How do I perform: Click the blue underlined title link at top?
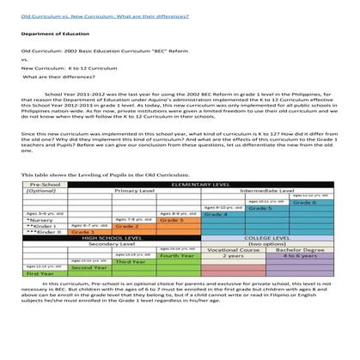point(105,16)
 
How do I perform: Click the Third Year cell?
point(129,261)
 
